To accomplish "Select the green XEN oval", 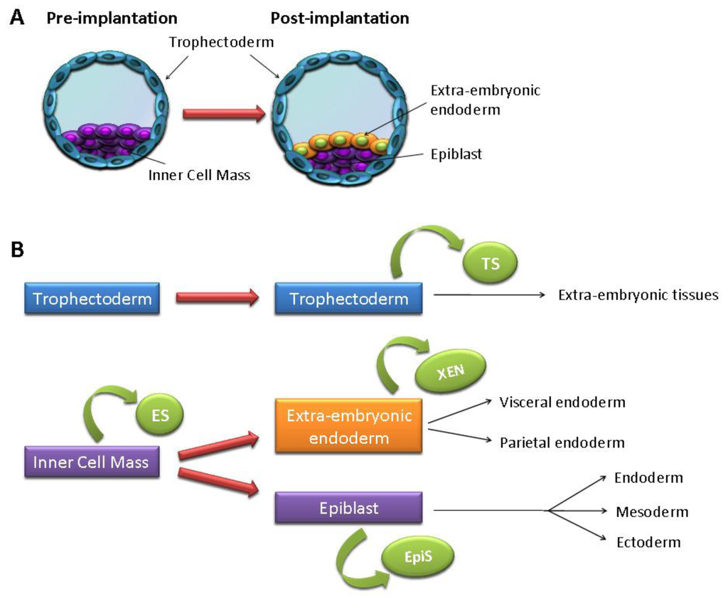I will point(459,371).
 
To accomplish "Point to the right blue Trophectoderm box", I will point(349,299).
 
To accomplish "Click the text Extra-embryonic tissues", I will point(638,294).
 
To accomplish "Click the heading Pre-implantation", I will point(112,18).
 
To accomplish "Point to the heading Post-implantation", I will point(340,18).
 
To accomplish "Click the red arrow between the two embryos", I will point(218,112).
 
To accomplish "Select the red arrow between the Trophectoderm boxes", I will point(218,299).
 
